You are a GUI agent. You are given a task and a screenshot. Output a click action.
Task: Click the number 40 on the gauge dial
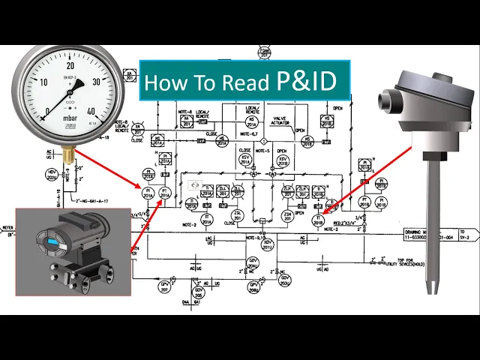coord(91,112)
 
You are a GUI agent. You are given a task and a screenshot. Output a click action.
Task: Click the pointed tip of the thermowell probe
coord(433,289)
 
